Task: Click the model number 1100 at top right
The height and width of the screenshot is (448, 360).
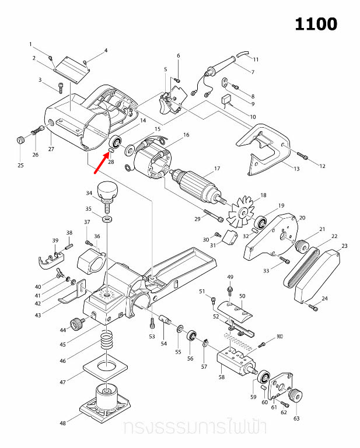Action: (316, 24)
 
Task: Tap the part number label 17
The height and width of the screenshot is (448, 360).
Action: (216, 169)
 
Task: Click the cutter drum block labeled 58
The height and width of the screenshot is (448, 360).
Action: (236, 361)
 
